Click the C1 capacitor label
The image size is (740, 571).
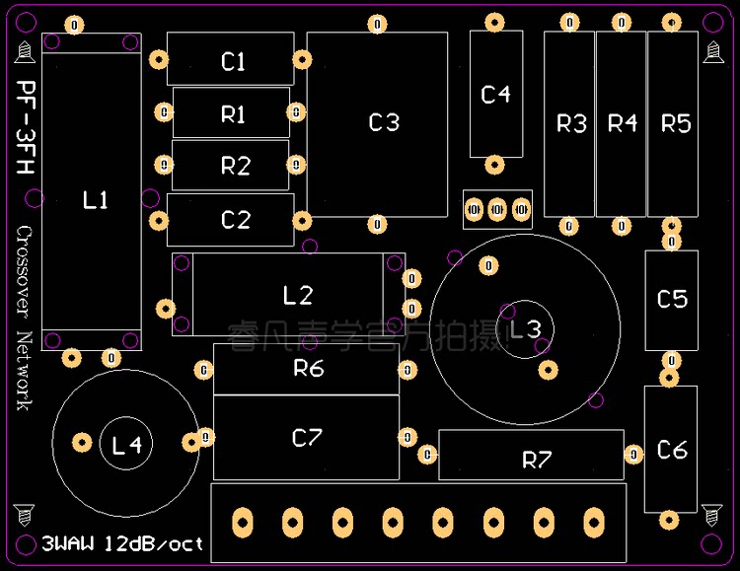(233, 62)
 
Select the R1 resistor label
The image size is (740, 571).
(233, 114)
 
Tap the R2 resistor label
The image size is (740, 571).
(235, 166)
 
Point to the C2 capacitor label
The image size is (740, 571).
(235, 220)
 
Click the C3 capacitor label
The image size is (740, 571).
(384, 122)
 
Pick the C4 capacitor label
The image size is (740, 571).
(495, 95)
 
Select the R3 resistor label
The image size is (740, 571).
(571, 123)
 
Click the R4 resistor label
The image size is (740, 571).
(623, 123)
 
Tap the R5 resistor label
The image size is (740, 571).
(676, 123)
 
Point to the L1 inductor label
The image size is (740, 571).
(95, 200)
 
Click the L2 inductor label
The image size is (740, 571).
(297, 295)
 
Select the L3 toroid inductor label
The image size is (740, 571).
(525, 328)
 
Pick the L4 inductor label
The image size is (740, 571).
(127, 446)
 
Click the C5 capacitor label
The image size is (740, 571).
(672, 298)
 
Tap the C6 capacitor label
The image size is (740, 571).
(672, 450)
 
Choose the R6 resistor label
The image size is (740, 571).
(308, 369)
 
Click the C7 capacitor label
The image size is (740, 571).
(307, 438)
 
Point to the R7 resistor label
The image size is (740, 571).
(537, 460)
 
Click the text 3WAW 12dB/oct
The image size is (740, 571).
(123, 543)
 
